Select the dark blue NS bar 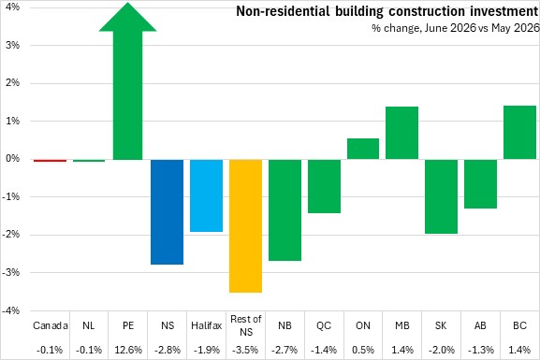click(x=168, y=212)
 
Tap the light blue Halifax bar click(x=206, y=195)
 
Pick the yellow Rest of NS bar click(x=245, y=226)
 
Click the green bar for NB click(x=285, y=210)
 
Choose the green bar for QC click(x=324, y=186)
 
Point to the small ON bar click(x=363, y=149)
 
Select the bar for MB click(x=401, y=133)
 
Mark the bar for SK click(x=441, y=196)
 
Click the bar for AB click(x=480, y=184)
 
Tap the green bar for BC click(x=519, y=133)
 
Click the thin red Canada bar click(x=50, y=161)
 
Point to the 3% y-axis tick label click(x=12, y=45)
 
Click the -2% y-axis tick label click(x=11, y=235)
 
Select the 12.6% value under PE click(x=128, y=350)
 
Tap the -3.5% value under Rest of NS click(x=245, y=350)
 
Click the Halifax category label click(x=206, y=325)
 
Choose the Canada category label click(x=51, y=325)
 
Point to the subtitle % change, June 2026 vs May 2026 click(x=456, y=28)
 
